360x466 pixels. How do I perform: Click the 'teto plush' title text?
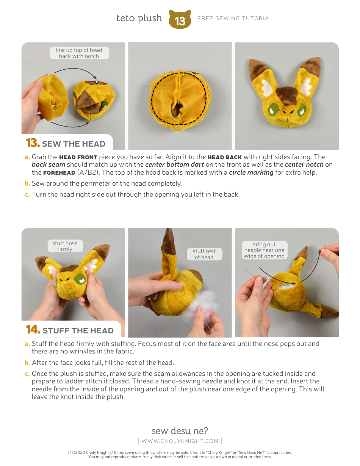(x=139, y=18)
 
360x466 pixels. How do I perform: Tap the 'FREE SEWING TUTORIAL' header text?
(x=235, y=18)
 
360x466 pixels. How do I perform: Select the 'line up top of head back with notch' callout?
(x=79, y=53)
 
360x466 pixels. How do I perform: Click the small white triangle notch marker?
(x=97, y=82)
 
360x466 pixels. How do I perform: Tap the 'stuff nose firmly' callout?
(x=65, y=246)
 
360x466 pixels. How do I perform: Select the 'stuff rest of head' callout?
(x=204, y=254)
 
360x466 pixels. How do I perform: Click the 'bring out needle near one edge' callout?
(x=264, y=250)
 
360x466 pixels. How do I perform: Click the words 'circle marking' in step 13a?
(x=251, y=172)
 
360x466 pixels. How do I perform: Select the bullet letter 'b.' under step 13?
(x=27, y=183)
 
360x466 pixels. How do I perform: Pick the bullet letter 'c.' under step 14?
(x=27, y=374)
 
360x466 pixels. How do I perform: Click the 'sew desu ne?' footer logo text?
(x=180, y=431)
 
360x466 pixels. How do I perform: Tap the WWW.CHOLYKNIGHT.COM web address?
(x=180, y=441)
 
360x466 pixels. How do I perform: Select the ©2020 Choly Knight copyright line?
(x=180, y=452)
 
